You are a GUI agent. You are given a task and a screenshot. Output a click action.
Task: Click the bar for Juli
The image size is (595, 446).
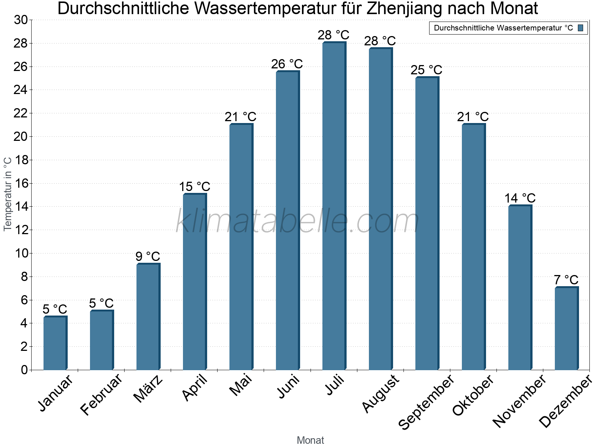(x=334, y=206)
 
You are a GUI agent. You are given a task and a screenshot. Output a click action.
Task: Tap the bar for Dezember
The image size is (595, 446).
(x=566, y=329)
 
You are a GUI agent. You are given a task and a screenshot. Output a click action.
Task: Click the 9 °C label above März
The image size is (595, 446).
(x=148, y=256)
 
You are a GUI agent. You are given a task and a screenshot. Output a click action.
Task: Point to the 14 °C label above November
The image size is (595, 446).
(x=520, y=198)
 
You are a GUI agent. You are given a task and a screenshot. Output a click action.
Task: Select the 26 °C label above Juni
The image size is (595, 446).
(x=287, y=64)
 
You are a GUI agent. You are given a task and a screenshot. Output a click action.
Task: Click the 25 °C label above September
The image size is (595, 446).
(x=426, y=70)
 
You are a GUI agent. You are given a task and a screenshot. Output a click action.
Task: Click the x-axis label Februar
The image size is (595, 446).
(x=101, y=394)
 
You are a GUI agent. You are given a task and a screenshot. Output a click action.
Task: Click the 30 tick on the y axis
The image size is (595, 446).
(x=21, y=20)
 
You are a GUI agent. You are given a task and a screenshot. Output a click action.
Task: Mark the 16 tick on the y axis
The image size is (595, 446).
(x=21, y=183)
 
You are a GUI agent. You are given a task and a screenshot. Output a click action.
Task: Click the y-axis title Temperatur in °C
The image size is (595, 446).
(x=8, y=194)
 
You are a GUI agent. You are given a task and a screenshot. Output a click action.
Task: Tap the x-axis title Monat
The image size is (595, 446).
(x=310, y=440)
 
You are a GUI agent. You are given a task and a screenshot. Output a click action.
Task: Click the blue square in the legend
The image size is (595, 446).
(x=580, y=28)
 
